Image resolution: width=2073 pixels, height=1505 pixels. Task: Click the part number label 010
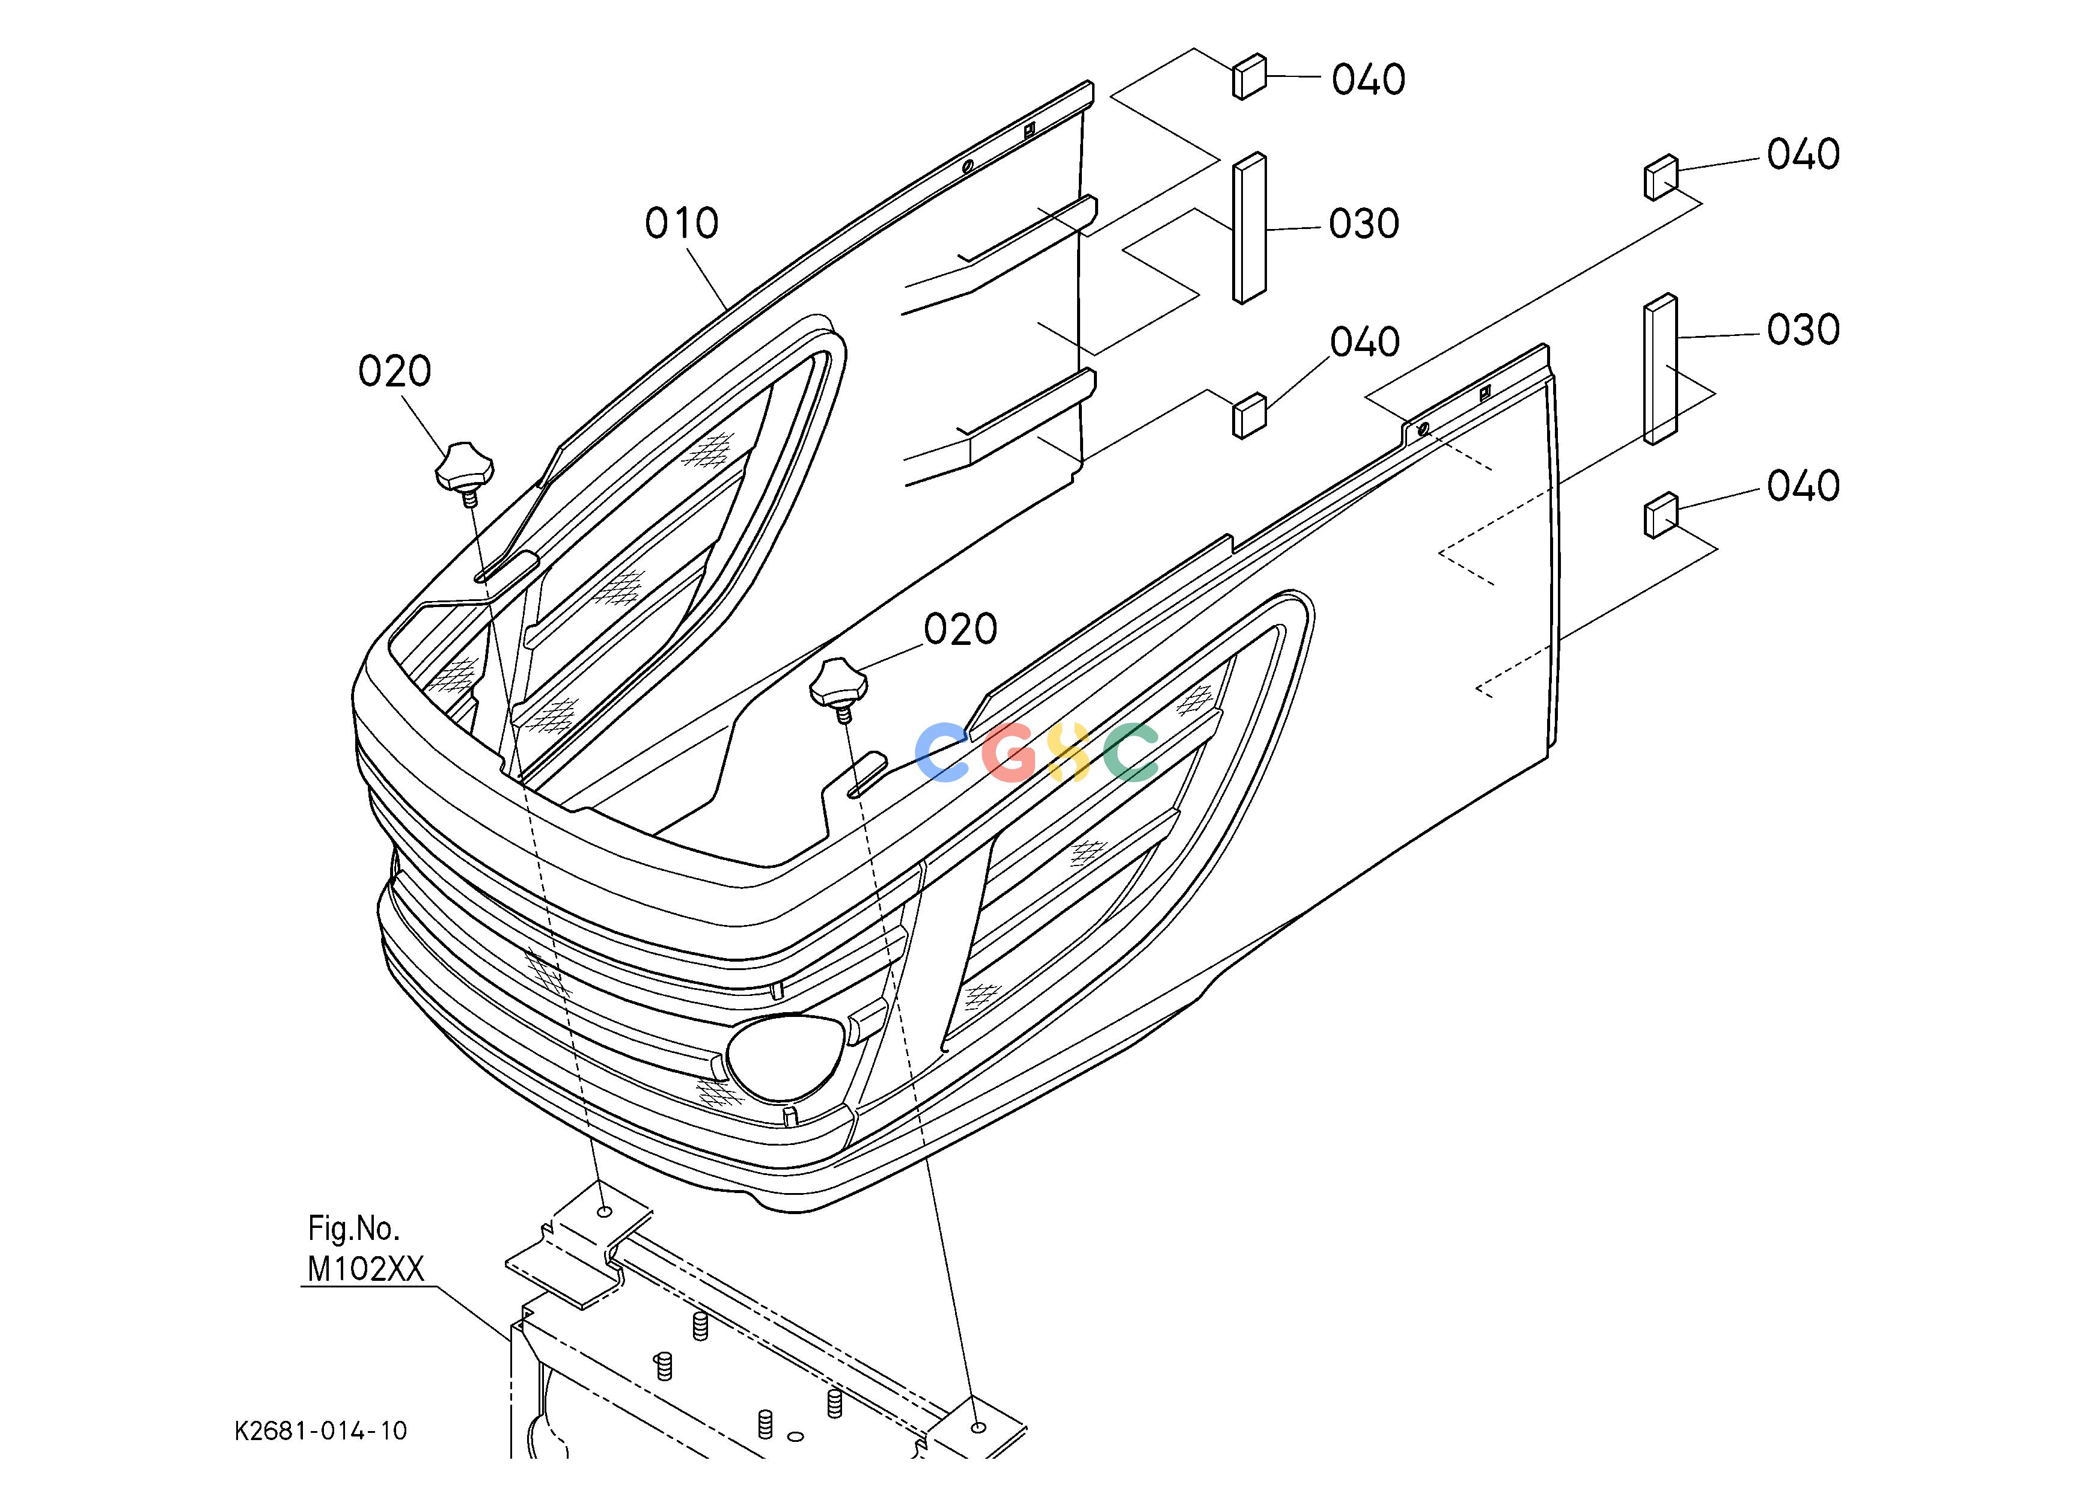point(682,224)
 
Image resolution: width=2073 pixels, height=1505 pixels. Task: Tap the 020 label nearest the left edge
point(395,372)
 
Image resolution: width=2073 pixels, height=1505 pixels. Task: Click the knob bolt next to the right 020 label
point(838,687)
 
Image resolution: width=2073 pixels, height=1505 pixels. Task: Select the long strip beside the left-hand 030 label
point(1250,228)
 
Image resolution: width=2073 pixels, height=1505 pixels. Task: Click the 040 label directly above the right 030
point(1803,155)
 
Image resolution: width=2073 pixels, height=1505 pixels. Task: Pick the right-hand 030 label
point(1803,331)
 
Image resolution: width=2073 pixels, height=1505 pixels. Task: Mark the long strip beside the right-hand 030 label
point(1661,369)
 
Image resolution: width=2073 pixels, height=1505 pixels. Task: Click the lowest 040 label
point(1803,487)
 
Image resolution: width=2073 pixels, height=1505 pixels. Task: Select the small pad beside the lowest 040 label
point(1661,515)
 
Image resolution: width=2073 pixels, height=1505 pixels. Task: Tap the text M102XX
point(365,1269)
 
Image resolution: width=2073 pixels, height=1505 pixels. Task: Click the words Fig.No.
point(354,1229)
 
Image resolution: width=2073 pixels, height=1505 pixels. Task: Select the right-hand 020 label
point(960,630)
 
